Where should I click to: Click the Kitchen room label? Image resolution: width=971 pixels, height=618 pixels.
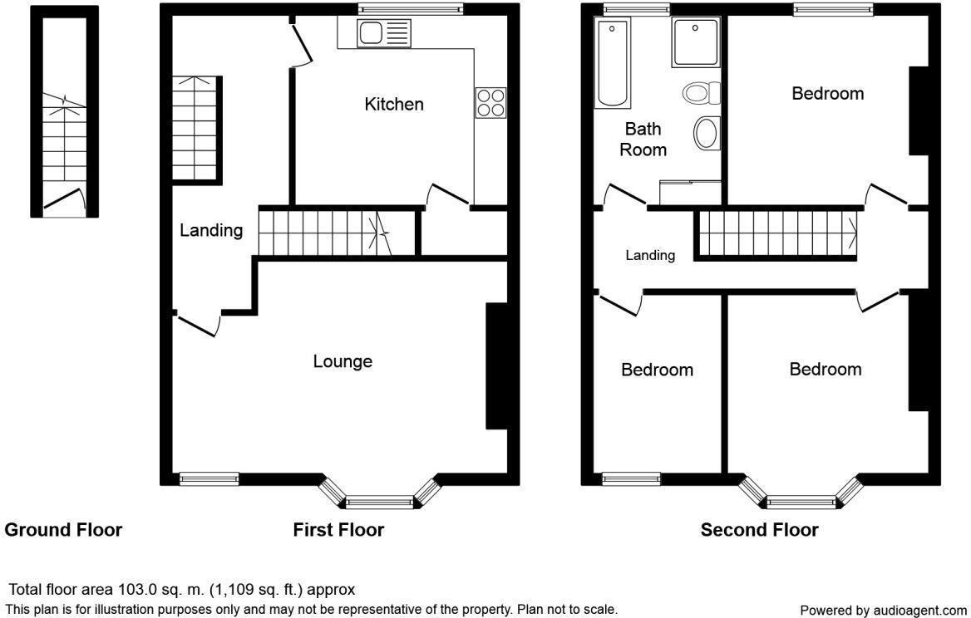coord(394,104)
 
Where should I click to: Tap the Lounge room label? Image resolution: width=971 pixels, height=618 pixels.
coord(343,361)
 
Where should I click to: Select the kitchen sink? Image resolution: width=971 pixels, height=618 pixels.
coord(384,32)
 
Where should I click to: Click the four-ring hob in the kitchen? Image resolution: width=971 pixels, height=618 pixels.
coord(490,103)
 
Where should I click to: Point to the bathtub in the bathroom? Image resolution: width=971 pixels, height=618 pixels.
coord(612,62)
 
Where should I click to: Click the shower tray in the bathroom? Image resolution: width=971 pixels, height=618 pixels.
coord(696,42)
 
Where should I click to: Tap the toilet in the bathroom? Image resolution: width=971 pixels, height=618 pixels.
coord(702,93)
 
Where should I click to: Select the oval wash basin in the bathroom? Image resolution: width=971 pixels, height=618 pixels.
coord(707,133)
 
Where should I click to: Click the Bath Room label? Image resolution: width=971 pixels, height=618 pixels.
coord(643,140)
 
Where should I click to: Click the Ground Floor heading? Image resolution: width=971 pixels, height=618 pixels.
coord(63,530)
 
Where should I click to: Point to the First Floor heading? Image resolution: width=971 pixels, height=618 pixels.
coord(338,530)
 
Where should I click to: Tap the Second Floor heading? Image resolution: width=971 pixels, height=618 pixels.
coord(759,530)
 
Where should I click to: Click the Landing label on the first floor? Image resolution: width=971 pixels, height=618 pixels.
coord(211,231)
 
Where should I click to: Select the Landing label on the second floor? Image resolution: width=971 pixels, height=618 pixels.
coord(649,255)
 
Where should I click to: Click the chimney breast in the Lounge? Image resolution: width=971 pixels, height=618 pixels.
coord(496,365)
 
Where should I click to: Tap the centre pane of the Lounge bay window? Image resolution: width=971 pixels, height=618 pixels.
coord(379,502)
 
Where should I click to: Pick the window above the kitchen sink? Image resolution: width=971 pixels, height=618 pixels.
coord(410,8)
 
